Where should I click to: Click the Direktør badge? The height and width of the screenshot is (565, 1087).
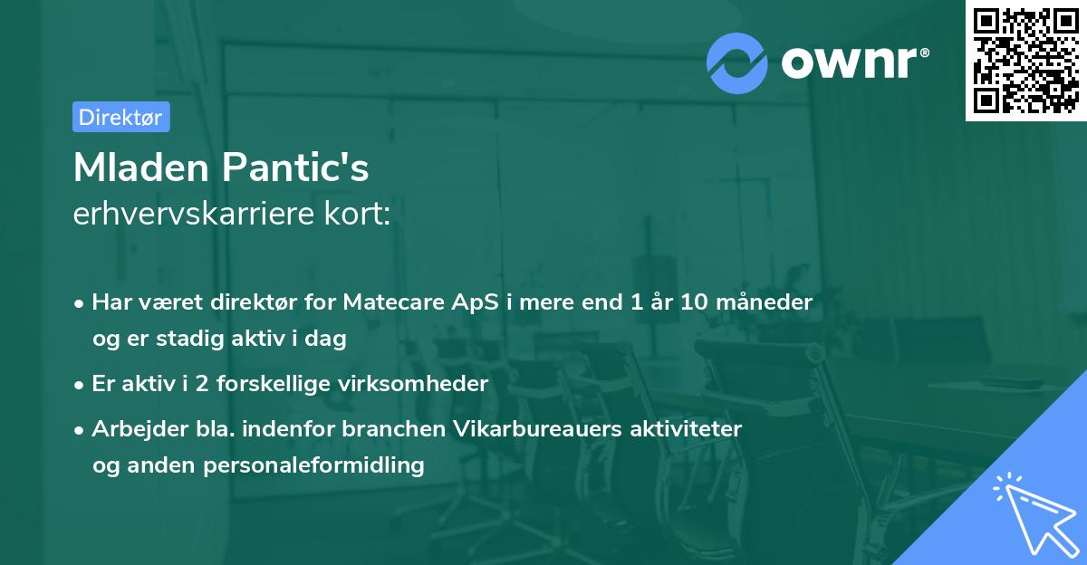120,117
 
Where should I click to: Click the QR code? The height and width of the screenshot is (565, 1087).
1026,61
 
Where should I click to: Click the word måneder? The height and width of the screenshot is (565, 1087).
767,302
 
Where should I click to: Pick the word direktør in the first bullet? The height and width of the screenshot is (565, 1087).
253,302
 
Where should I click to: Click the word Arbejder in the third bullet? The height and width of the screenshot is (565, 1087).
130,428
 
